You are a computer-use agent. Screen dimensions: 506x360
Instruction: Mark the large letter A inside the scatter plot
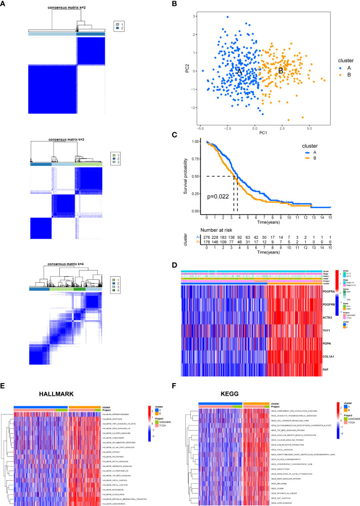pyautogui.click(x=239, y=72)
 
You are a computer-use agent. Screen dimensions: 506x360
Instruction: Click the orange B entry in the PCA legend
pyautogui.click(x=337, y=75)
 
